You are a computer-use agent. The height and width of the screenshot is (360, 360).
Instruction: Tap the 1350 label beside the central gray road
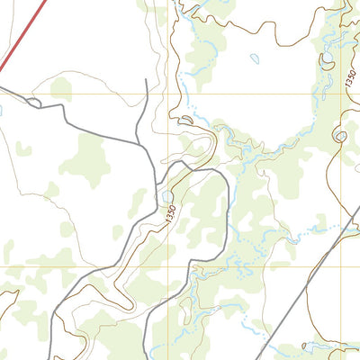169,215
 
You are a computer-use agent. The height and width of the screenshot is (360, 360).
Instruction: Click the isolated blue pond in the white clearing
255,59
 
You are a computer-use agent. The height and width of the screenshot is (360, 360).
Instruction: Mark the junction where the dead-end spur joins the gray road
137,141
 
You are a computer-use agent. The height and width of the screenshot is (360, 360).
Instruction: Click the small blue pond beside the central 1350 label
167,195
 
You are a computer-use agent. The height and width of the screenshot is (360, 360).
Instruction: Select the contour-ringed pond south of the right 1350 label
339,136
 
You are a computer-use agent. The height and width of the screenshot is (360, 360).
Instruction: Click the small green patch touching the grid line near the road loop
60,88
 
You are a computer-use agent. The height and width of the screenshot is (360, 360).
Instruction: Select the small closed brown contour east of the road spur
187,120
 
